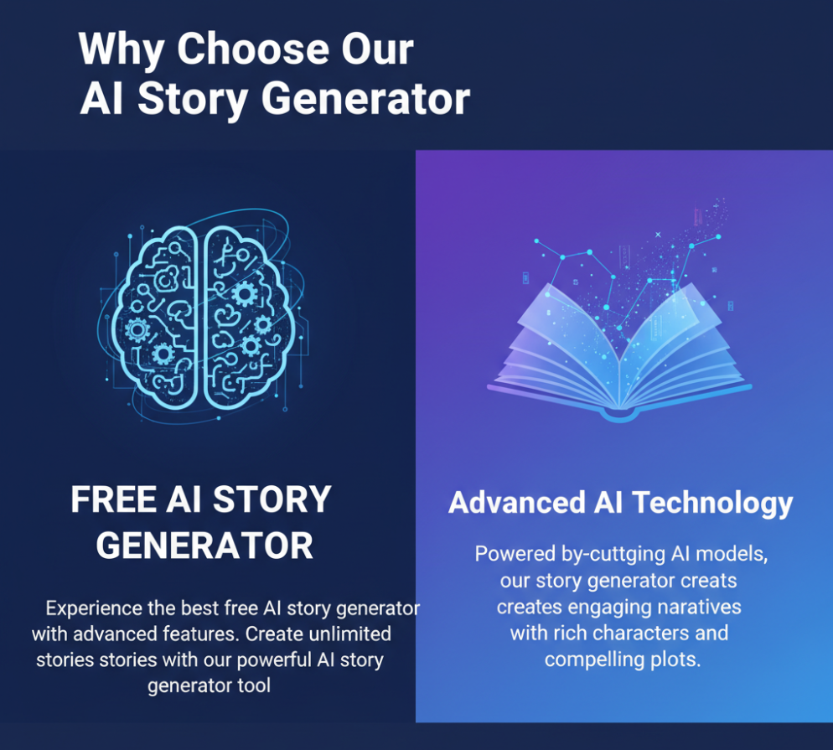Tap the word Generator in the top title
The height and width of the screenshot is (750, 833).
365,100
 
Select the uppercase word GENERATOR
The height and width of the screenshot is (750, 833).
204,546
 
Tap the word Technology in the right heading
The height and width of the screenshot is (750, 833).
711,503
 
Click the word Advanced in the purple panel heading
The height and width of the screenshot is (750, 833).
517,503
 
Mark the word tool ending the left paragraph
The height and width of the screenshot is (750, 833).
254,685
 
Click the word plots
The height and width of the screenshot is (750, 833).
674,659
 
